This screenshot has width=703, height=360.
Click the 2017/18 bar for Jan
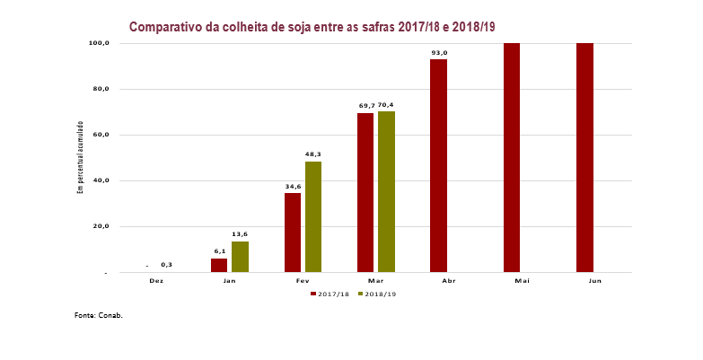219,265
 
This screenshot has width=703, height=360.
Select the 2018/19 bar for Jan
240,257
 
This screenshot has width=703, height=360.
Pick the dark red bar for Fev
293,233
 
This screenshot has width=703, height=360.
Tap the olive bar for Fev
313,216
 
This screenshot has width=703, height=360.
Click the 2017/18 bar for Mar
365,192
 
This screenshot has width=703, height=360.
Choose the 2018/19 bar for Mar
386,191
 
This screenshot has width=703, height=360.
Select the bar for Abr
438,165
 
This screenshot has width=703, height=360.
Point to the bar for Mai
512,157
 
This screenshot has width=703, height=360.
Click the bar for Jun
584,157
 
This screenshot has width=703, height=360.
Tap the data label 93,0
439,53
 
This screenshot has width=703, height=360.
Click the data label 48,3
313,154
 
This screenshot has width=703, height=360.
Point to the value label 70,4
386,105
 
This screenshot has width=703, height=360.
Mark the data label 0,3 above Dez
167,265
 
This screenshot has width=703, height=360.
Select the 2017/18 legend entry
330,294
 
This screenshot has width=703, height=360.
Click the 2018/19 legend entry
377,294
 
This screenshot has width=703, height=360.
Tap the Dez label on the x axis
156,281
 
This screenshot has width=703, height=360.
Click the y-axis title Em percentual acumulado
80,157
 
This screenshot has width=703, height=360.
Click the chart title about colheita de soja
312,27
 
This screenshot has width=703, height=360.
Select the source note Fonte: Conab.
98,316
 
